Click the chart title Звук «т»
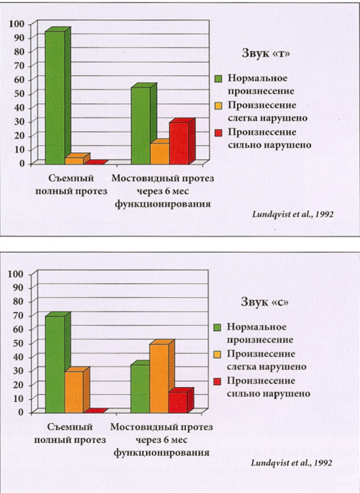pyautogui.click(x=266, y=53)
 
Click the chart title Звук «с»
pyautogui.click(x=265, y=302)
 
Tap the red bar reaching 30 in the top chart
pyautogui.click(x=182, y=141)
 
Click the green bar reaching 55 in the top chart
pyautogui.click(x=143, y=124)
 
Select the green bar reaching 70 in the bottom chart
pyautogui.click(x=58, y=363)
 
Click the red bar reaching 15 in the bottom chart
pyautogui.click(x=181, y=401)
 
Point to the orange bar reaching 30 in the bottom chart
pyautogui.click(x=77, y=390)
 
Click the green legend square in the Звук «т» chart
pyautogui.click(x=218, y=78)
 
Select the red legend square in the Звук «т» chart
pyautogui.click(x=218, y=133)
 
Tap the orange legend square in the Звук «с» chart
pyautogui.click(x=218, y=354)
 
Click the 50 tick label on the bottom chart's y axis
pyautogui.click(x=17, y=343)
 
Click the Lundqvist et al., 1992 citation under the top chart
pyautogui.click(x=293, y=215)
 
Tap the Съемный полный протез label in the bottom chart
pyautogui.click(x=70, y=433)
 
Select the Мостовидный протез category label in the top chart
pyautogui.click(x=163, y=178)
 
